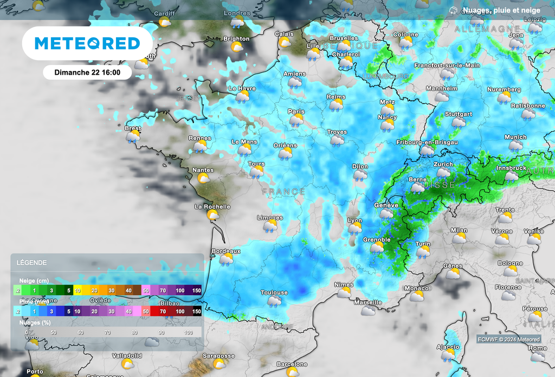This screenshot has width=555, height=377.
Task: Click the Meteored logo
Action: click(87, 43)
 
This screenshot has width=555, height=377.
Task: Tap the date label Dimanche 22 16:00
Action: click(87, 71)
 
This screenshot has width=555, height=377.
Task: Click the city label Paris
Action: click(296, 112)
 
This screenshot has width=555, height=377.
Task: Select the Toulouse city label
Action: click(274, 292)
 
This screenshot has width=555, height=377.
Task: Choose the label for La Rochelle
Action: click(212, 206)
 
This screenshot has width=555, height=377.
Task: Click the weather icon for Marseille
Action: click(369, 310)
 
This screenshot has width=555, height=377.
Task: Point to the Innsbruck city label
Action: click(511, 168)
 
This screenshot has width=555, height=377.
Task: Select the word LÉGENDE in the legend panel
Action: click(31, 263)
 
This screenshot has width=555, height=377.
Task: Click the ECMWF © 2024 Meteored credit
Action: click(509, 340)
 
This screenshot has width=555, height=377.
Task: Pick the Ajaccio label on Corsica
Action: click(448, 347)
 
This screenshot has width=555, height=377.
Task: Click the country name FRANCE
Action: click(283, 192)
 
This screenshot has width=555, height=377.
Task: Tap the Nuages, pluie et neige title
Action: click(500, 10)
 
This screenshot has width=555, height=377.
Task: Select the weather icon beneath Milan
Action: click(460, 238)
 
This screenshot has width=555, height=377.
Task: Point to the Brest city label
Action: click(133, 129)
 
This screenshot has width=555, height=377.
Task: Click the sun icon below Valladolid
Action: click(128, 363)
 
